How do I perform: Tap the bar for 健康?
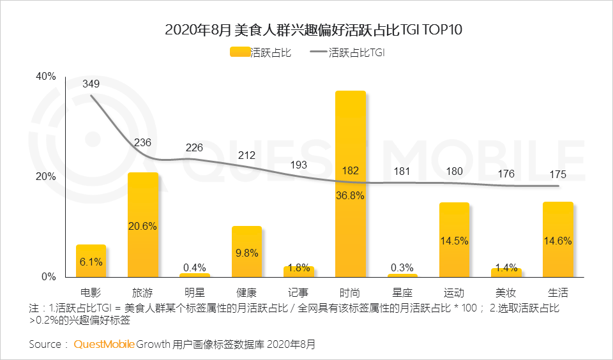point(246,251)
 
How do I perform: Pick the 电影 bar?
point(91,260)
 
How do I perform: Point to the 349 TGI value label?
point(91,84)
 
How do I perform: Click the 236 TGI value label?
point(142,142)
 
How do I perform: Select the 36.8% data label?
point(350,196)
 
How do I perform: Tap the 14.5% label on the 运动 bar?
point(454,241)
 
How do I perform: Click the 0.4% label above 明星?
point(194,267)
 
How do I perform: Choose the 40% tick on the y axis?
point(46,77)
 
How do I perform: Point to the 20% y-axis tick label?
point(46,177)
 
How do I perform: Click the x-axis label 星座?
point(402,294)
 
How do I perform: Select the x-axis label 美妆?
point(506,294)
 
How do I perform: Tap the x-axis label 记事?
point(298,294)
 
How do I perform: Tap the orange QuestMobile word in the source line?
point(104,345)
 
